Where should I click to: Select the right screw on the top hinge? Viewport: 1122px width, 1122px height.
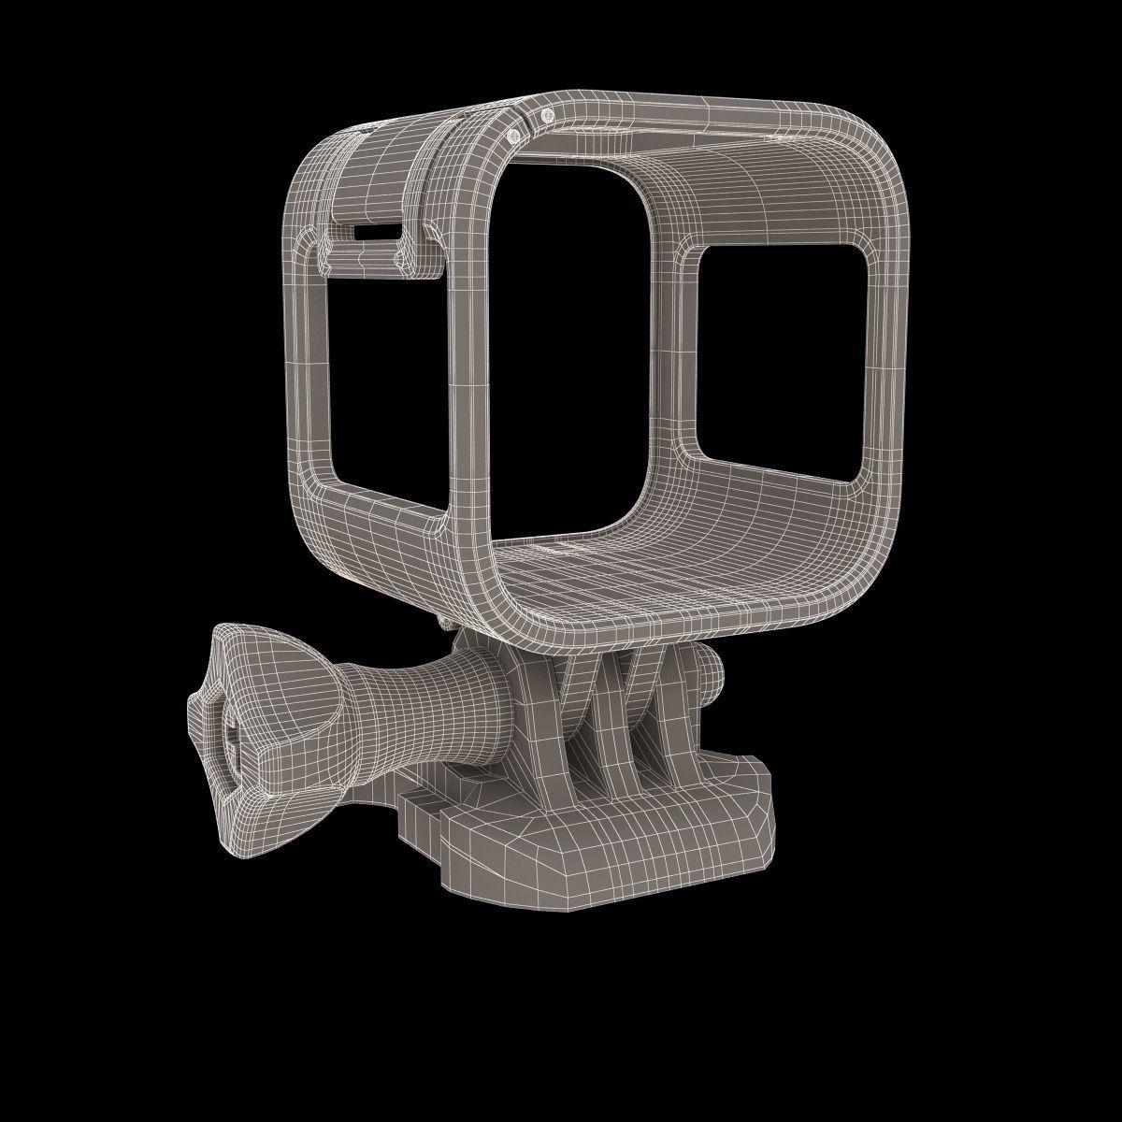click(x=547, y=115)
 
